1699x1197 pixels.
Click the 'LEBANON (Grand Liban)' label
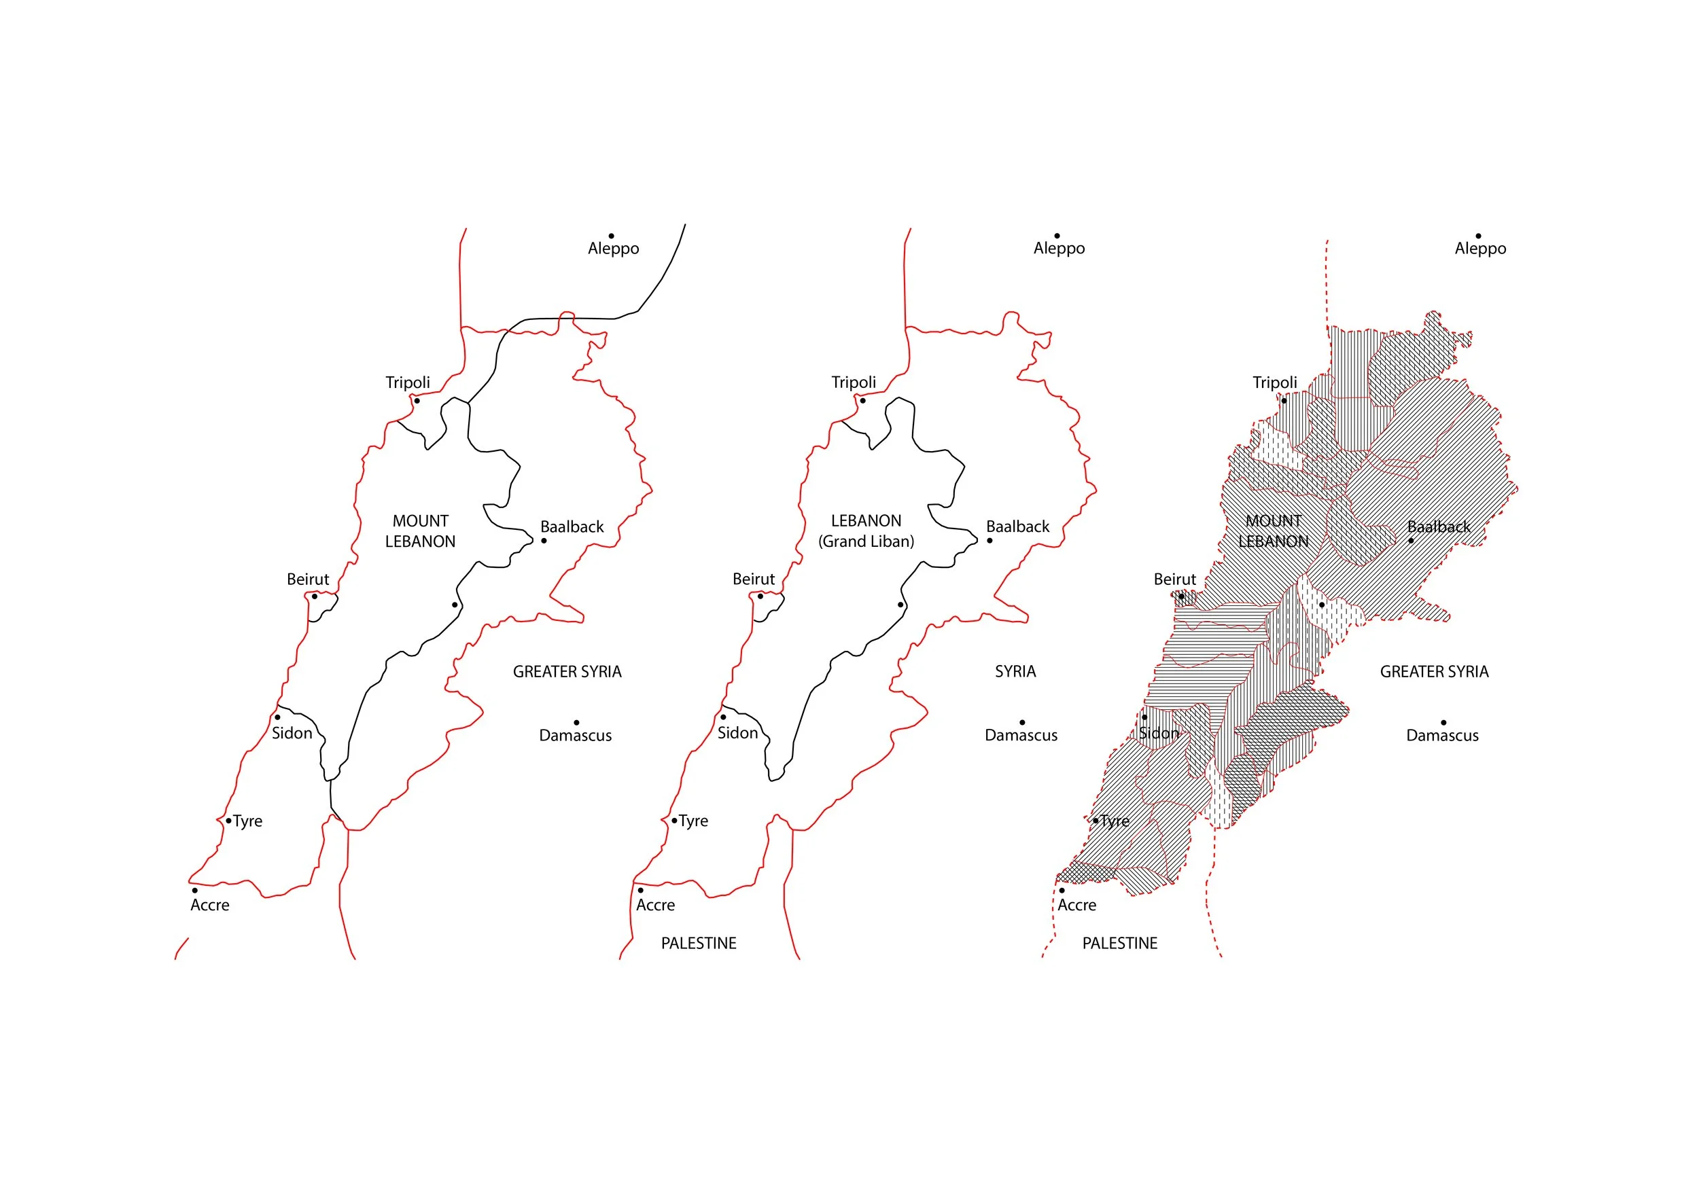[x=866, y=531]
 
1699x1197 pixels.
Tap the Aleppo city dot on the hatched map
[x=1479, y=236]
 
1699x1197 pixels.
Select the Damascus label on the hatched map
[x=1442, y=735]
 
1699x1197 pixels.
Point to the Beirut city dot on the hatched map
[x=1181, y=596]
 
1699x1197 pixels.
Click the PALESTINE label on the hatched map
[x=1119, y=943]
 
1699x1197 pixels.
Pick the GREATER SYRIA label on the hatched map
[x=1434, y=672]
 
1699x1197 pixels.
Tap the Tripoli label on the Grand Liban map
[x=853, y=382]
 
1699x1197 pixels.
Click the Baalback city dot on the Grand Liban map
[x=989, y=541]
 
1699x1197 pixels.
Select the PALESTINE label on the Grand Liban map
[x=699, y=943]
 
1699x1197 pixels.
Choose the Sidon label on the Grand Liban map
[x=738, y=733]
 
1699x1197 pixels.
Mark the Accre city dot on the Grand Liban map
[x=641, y=890]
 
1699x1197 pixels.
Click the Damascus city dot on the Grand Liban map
[x=1022, y=722]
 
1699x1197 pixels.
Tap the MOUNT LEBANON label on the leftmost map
[x=420, y=531]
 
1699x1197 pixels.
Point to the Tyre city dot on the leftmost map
[x=228, y=821]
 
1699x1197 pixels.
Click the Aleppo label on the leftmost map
[x=614, y=249]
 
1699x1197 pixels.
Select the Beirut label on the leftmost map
[x=308, y=579]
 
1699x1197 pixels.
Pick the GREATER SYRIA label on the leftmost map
[x=567, y=672]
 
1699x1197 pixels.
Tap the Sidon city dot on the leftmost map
[x=277, y=717]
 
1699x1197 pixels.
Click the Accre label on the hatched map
[x=1076, y=906]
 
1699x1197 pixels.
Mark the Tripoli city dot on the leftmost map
[x=417, y=401]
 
